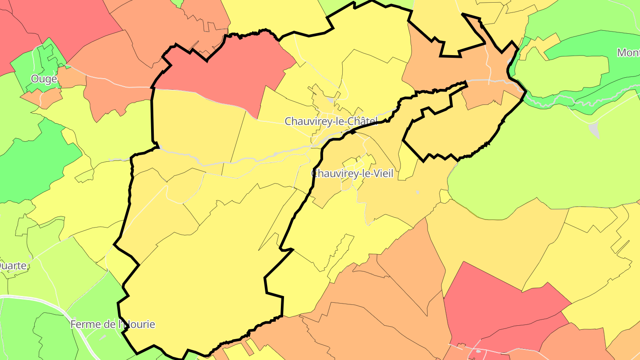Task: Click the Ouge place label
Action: [x=44, y=79]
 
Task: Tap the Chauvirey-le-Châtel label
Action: [x=331, y=121]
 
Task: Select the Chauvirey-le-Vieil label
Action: [x=352, y=174]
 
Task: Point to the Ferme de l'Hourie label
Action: [x=113, y=324]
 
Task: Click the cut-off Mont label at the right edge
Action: [x=628, y=53]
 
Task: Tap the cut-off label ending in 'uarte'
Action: [x=14, y=266]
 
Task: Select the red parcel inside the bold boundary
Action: [x=222, y=71]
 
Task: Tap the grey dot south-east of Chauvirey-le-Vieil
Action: [x=417, y=192]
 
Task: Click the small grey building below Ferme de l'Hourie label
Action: [x=103, y=338]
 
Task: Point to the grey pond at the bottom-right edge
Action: [x=478, y=351]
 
